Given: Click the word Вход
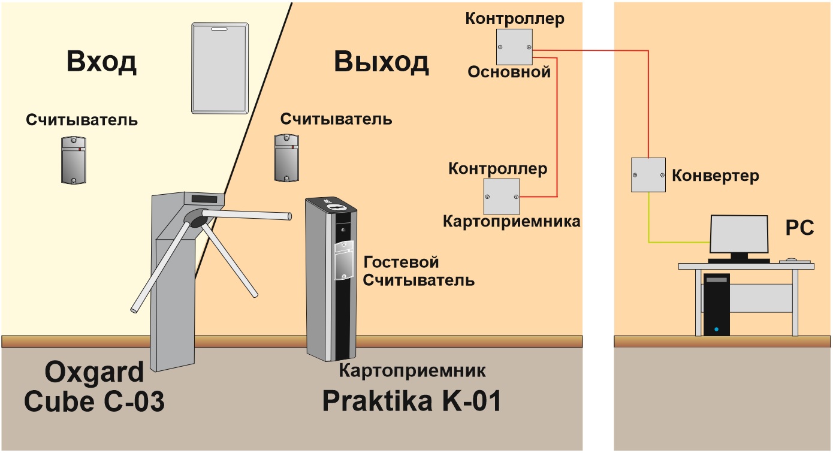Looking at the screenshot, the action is (x=101, y=62).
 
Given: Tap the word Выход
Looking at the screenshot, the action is (x=382, y=62).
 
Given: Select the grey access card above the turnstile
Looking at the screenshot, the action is (x=220, y=68).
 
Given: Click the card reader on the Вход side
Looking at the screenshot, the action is (x=74, y=160).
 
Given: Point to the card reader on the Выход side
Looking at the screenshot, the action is (x=286, y=158).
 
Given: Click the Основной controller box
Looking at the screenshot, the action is (x=514, y=47).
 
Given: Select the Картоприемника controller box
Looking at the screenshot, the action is (x=502, y=197).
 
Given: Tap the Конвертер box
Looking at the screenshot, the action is (x=648, y=175).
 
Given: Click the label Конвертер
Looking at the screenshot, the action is (x=715, y=176).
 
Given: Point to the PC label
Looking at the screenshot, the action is (x=799, y=228).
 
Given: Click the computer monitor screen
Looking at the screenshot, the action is (x=739, y=234).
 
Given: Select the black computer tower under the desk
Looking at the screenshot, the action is (x=716, y=305).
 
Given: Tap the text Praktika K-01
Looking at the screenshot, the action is (x=412, y=401).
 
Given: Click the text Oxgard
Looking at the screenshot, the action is (x=94, y=373).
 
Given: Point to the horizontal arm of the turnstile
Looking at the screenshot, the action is (x=246, y=215).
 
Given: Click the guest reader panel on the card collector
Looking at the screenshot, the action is (x=344, y=260).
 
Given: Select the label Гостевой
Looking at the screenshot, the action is (x=401, y=262).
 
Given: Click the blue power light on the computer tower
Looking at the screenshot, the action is (x=716, y=329).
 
